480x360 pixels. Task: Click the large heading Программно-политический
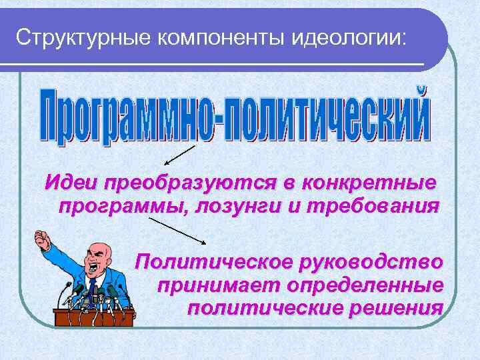coord(233,115)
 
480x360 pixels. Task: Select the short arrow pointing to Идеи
coord(179,155)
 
